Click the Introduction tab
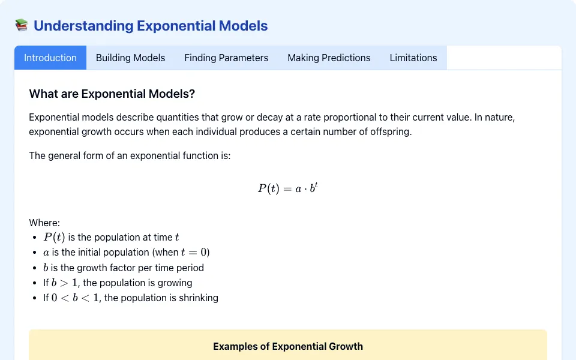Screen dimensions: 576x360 coord(50,58)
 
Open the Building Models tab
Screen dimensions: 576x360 coord(130,58)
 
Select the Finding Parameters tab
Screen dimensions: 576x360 coord(226,58)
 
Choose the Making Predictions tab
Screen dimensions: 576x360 coord(329,58)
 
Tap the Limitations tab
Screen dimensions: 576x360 coord(413,58)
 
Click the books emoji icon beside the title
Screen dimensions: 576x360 coord(22,25)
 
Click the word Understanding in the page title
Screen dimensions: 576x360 coord(83,26)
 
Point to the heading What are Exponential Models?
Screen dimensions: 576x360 coord(112,94)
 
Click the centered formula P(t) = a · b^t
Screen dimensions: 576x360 coord(287,188)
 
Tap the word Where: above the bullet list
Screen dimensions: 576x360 coord(44,223)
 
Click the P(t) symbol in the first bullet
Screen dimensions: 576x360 coord(54,238)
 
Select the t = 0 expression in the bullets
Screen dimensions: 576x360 coord(194,253)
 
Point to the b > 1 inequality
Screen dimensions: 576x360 coord(64,283)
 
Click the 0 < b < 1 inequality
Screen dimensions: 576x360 coord(75,298)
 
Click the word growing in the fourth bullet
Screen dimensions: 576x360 coord(175,283)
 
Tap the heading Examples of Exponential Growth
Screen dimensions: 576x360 coord(288,346)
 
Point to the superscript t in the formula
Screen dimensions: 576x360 coord(316,184)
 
